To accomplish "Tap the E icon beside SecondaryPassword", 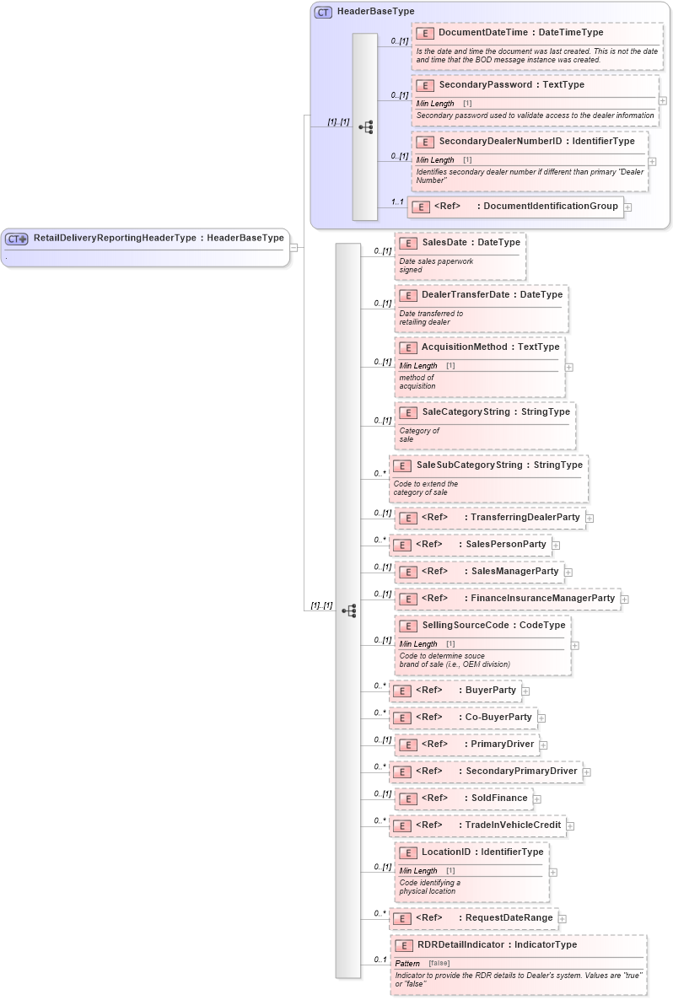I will tap(426, 85).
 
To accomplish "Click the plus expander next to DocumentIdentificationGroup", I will tap(627, 207).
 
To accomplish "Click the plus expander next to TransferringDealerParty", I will tap(590, 518).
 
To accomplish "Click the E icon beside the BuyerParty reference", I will tap(403, 691).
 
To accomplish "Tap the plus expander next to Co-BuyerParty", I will tap(541, 718).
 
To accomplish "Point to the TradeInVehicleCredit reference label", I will tap(515, 825).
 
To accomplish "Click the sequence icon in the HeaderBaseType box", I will tap(365, 127).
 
